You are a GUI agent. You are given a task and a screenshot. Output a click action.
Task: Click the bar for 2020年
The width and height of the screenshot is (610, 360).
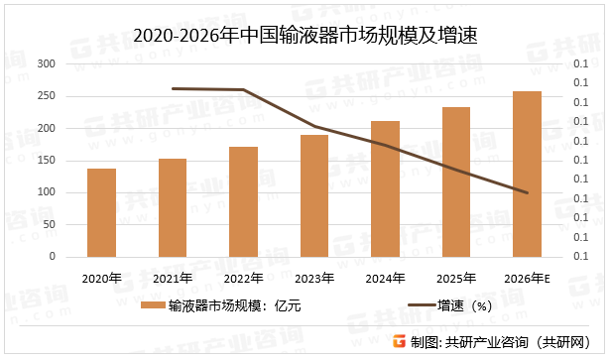(101, 212)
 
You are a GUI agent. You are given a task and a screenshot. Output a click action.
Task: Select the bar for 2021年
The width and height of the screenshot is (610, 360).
(173, 207)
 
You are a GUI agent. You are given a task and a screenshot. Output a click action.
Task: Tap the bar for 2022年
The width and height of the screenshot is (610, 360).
(243, 201)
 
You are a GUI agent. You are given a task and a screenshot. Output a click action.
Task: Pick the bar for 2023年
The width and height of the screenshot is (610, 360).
(314, 195)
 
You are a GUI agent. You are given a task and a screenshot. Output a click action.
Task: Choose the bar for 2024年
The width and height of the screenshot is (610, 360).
(385, 188)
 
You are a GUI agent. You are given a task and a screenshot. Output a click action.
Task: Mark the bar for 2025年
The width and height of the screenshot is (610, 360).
(456, 181)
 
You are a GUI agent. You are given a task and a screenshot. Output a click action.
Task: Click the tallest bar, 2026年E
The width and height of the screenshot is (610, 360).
(527, 174)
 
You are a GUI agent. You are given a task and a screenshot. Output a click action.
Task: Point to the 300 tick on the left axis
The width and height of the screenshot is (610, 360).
(46, 63)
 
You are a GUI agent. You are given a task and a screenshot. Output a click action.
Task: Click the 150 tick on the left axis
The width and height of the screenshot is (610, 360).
(46, 161)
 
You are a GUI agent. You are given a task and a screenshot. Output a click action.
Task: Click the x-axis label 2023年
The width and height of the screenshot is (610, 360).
(314, 279)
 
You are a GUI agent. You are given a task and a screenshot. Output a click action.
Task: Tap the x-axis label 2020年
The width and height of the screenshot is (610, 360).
(101, 279)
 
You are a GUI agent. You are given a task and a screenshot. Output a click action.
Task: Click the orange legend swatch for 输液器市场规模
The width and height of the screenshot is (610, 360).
(152, 306)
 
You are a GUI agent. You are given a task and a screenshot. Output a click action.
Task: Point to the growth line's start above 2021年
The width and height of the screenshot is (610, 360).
(173, 88)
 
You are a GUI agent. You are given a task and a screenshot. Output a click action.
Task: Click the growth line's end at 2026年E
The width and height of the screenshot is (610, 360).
(527, 192)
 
